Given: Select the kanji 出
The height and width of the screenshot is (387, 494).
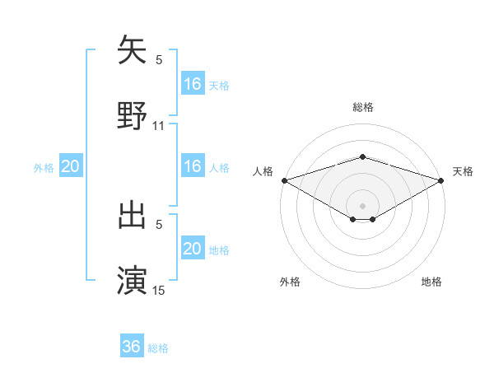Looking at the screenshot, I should coord(133,216).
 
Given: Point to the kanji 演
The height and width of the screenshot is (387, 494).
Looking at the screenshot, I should coord(133,280).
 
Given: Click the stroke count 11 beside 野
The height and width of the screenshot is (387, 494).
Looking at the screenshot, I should coord(159,126).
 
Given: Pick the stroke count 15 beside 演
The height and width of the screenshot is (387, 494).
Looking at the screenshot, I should coord(159,290).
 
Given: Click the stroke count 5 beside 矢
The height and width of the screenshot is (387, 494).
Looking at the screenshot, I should coord(159,60).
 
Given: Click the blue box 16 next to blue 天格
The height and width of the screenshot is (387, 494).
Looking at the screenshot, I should coord(193,84).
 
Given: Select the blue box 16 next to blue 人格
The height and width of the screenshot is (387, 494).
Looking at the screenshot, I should coord(193,166).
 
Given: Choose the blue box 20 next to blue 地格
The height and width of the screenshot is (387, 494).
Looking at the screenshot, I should coord(193,249).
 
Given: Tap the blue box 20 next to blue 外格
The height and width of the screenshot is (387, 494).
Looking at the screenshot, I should coord(71,166).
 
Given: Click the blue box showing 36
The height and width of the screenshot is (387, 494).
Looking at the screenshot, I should coord(132,347).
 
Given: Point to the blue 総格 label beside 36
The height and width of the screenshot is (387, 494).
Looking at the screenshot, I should coord(159,348).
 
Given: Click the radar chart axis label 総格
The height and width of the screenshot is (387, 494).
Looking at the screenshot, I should coord(362,107).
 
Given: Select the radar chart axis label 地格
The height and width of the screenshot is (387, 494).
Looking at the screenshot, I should coord(431,282).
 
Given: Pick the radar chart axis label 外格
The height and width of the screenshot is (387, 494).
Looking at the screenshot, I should coord(290,282).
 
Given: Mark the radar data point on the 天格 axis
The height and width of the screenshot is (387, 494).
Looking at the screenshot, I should coord(440,180).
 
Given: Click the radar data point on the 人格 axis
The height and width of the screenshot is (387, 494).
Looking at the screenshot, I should coord(284,180).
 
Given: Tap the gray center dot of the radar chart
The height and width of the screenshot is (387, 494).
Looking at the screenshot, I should coord(362,205).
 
